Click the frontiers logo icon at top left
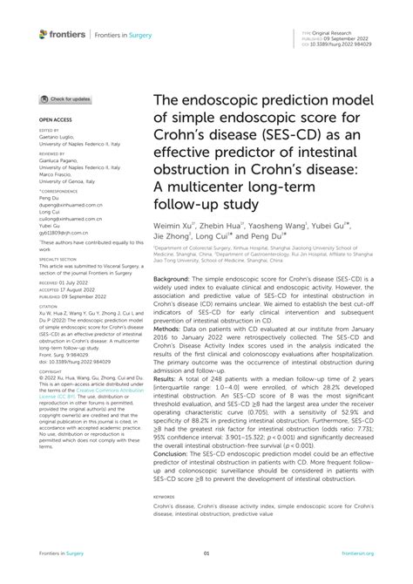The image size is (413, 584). [44, 33]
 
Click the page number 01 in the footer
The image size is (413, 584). [206, 553]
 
